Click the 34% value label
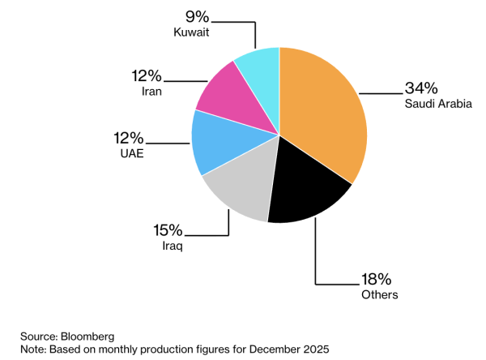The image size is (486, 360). pos(421,88)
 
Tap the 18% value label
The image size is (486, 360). pos(377,279)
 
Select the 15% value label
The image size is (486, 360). pos(168,230)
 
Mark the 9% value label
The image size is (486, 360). pos(197,16)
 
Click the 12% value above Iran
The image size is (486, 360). pos(147,75)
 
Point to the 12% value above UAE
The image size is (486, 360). pos(129,138)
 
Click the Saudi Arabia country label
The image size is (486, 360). pos(438,104)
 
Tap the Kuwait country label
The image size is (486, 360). pos(191,32)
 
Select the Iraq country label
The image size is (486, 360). pos(173,246)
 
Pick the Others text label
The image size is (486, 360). pos(380,294)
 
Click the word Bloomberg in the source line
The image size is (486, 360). pos(87,336)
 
